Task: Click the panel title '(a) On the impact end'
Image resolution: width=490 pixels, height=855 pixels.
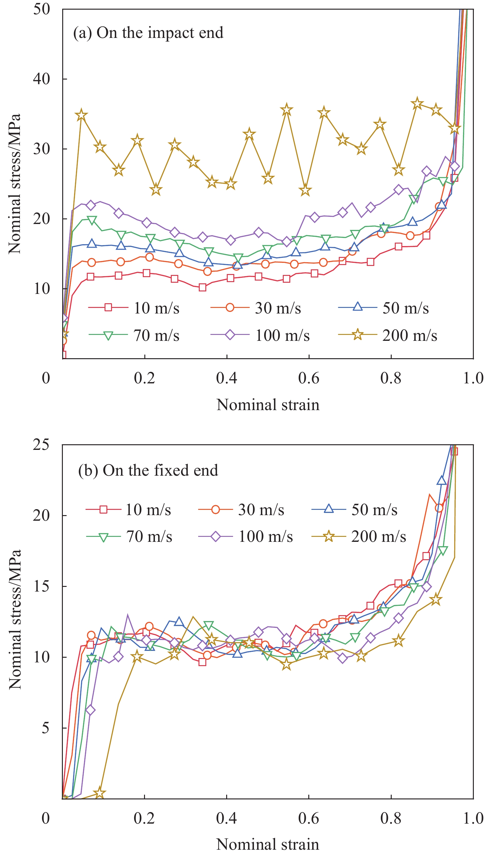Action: click(148, 33)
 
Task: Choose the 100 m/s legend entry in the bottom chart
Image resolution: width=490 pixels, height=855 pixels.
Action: click(246, 536)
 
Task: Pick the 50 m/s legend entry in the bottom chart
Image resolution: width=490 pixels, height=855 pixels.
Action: click(355, 510)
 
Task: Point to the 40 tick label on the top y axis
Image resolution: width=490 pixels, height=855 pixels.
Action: click(41, 79)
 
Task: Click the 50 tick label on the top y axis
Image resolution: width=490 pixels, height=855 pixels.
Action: click(41, 9)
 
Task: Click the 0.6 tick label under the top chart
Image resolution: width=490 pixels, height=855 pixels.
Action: click(309, 378)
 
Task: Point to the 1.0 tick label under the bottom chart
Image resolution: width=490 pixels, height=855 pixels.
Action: click(473, 818)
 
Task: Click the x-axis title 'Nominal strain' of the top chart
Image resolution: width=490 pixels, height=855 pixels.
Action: click(268, 405)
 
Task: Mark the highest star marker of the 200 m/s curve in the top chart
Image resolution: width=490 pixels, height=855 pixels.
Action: click(417, 103)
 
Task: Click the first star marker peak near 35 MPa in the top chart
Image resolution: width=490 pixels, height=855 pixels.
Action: click(81, 115)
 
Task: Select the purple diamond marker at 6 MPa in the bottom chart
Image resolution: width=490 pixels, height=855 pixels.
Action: click(90, 710)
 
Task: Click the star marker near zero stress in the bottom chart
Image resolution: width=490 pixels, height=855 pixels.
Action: click(99, 793)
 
